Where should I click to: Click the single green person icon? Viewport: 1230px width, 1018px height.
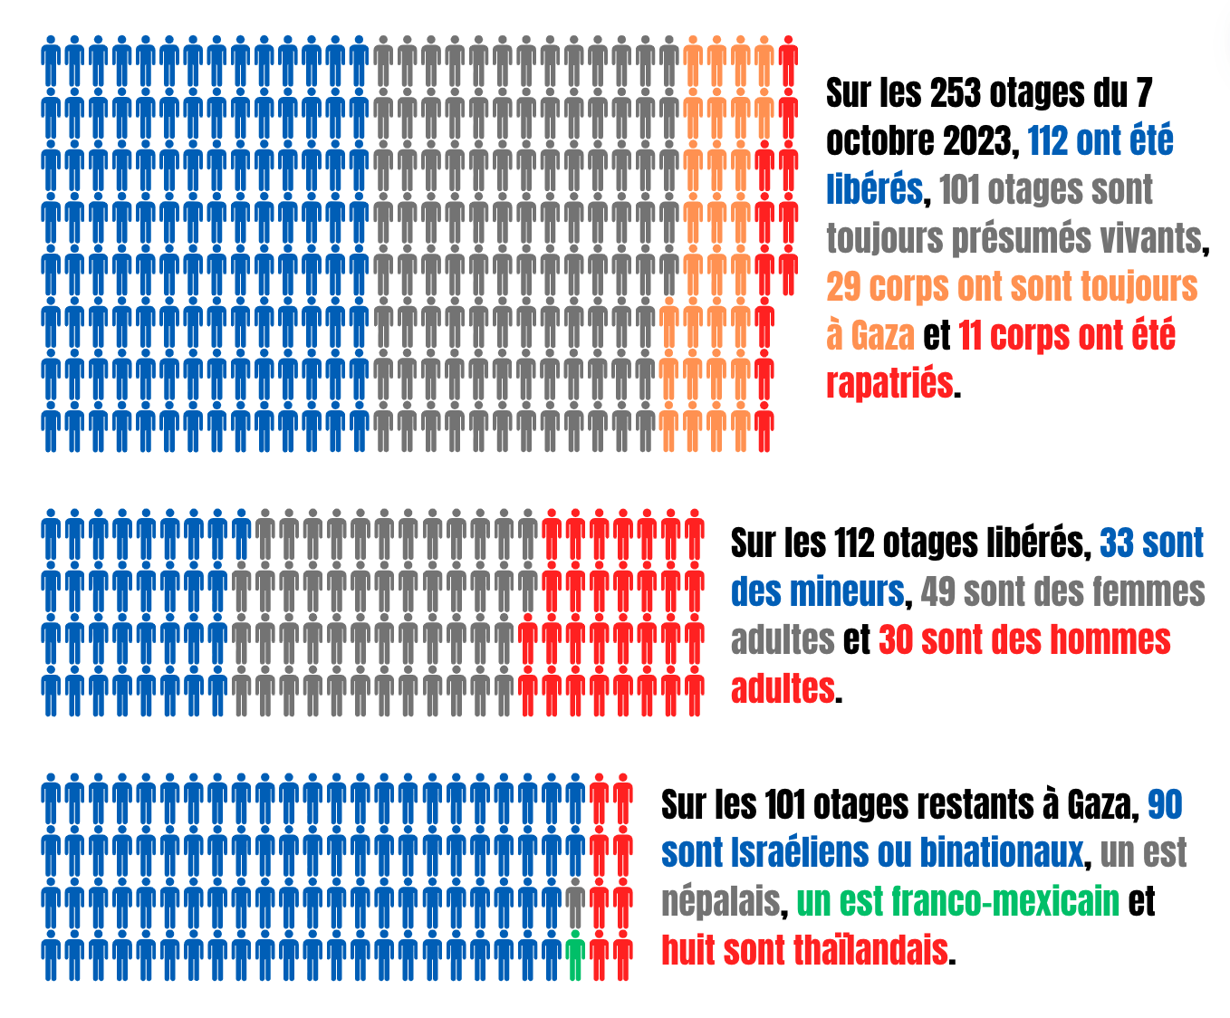click(x=574, y=956)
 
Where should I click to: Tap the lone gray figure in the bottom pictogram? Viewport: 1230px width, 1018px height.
click(x=574, y=903)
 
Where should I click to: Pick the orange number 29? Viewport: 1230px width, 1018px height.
click(x=843, y=287)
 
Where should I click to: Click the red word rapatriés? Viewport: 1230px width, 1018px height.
click(x=889, y=384)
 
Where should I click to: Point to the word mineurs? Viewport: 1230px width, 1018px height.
click(x=846, y=592)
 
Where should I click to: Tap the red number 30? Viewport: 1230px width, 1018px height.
click(x=896, y=640)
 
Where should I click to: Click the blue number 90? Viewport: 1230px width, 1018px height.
click(x=1165, y=804)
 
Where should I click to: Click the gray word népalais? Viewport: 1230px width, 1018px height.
click(x=721, y=902)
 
